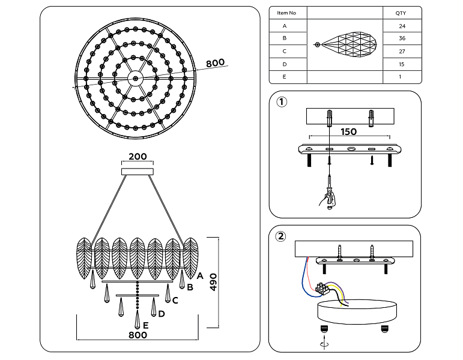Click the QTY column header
click(401, 13)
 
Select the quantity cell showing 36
click(402, 38)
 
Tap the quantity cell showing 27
click(402, 52)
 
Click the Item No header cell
click(286, 13)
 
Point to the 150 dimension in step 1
click(349, 131)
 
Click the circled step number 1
click(282, 102)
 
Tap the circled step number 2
click(280, 236)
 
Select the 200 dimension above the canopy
click(138, 157)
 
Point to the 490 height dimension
click(213, 282)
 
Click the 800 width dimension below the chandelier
click(138, 335)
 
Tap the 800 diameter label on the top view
click(215, 63)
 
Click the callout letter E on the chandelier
click(145, 325)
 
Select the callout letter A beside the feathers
click(200, 276)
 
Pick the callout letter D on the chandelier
click(161, 314)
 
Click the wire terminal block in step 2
click(322, 288)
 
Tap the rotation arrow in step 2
click(324, 344)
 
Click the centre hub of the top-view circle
click(136, 79)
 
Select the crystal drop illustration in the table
click(345, 45)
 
